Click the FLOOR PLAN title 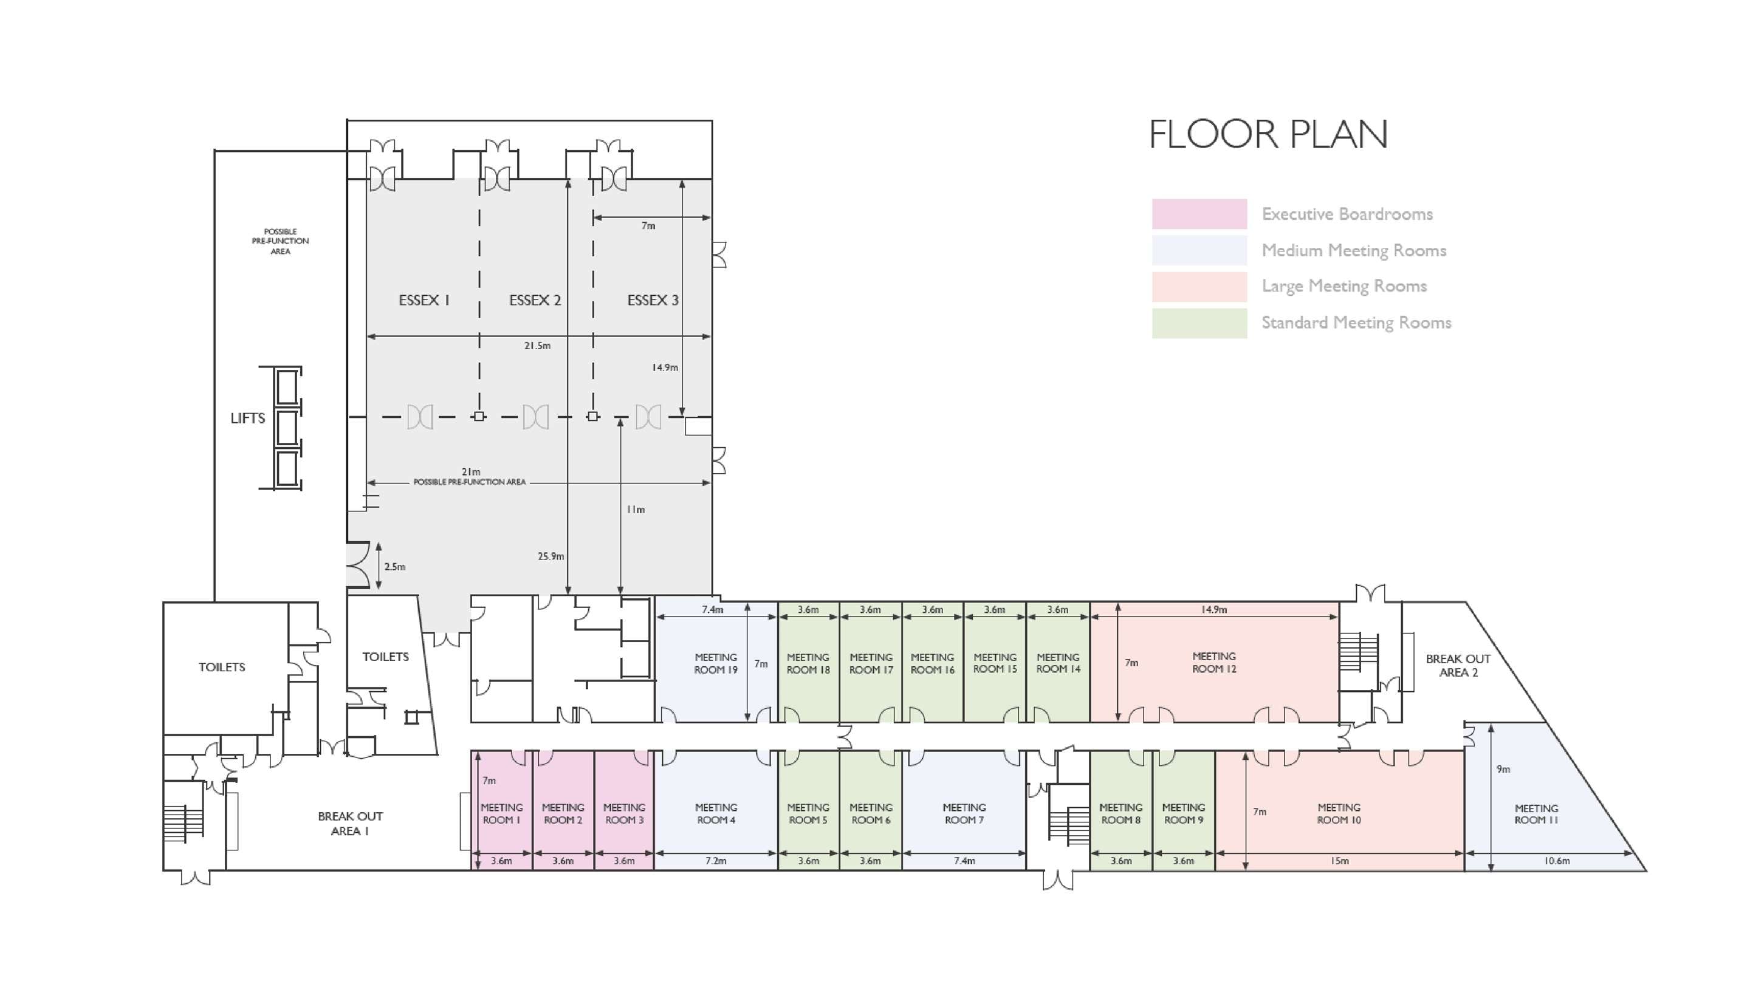[x=1268, y=134]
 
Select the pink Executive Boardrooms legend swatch [x=1199, y=214]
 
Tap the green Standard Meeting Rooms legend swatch [x=1199, y=323]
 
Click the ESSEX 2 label [x=535, y=300]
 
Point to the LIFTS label [x=247, y=419]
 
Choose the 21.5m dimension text [x=537, y=346]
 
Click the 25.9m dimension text [x=551, y=556]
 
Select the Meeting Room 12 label [x=1214, y=663]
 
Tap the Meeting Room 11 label [x=1536, y=814]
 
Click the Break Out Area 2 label [x=1458, y=666]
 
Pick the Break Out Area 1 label [x=350, y=824]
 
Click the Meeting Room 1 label [x=501, y=813]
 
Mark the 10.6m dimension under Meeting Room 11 [x=1556, y=861]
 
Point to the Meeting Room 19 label [x=715, y=663]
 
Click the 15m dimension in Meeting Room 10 [x=1340, y=861]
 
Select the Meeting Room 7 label [x=964, y=813]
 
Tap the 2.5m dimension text [x=395, y=566]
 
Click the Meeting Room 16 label [x=933, y=663]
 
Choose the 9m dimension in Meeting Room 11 [x=1503, y=770]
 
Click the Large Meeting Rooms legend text [x=1343, y=286]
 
